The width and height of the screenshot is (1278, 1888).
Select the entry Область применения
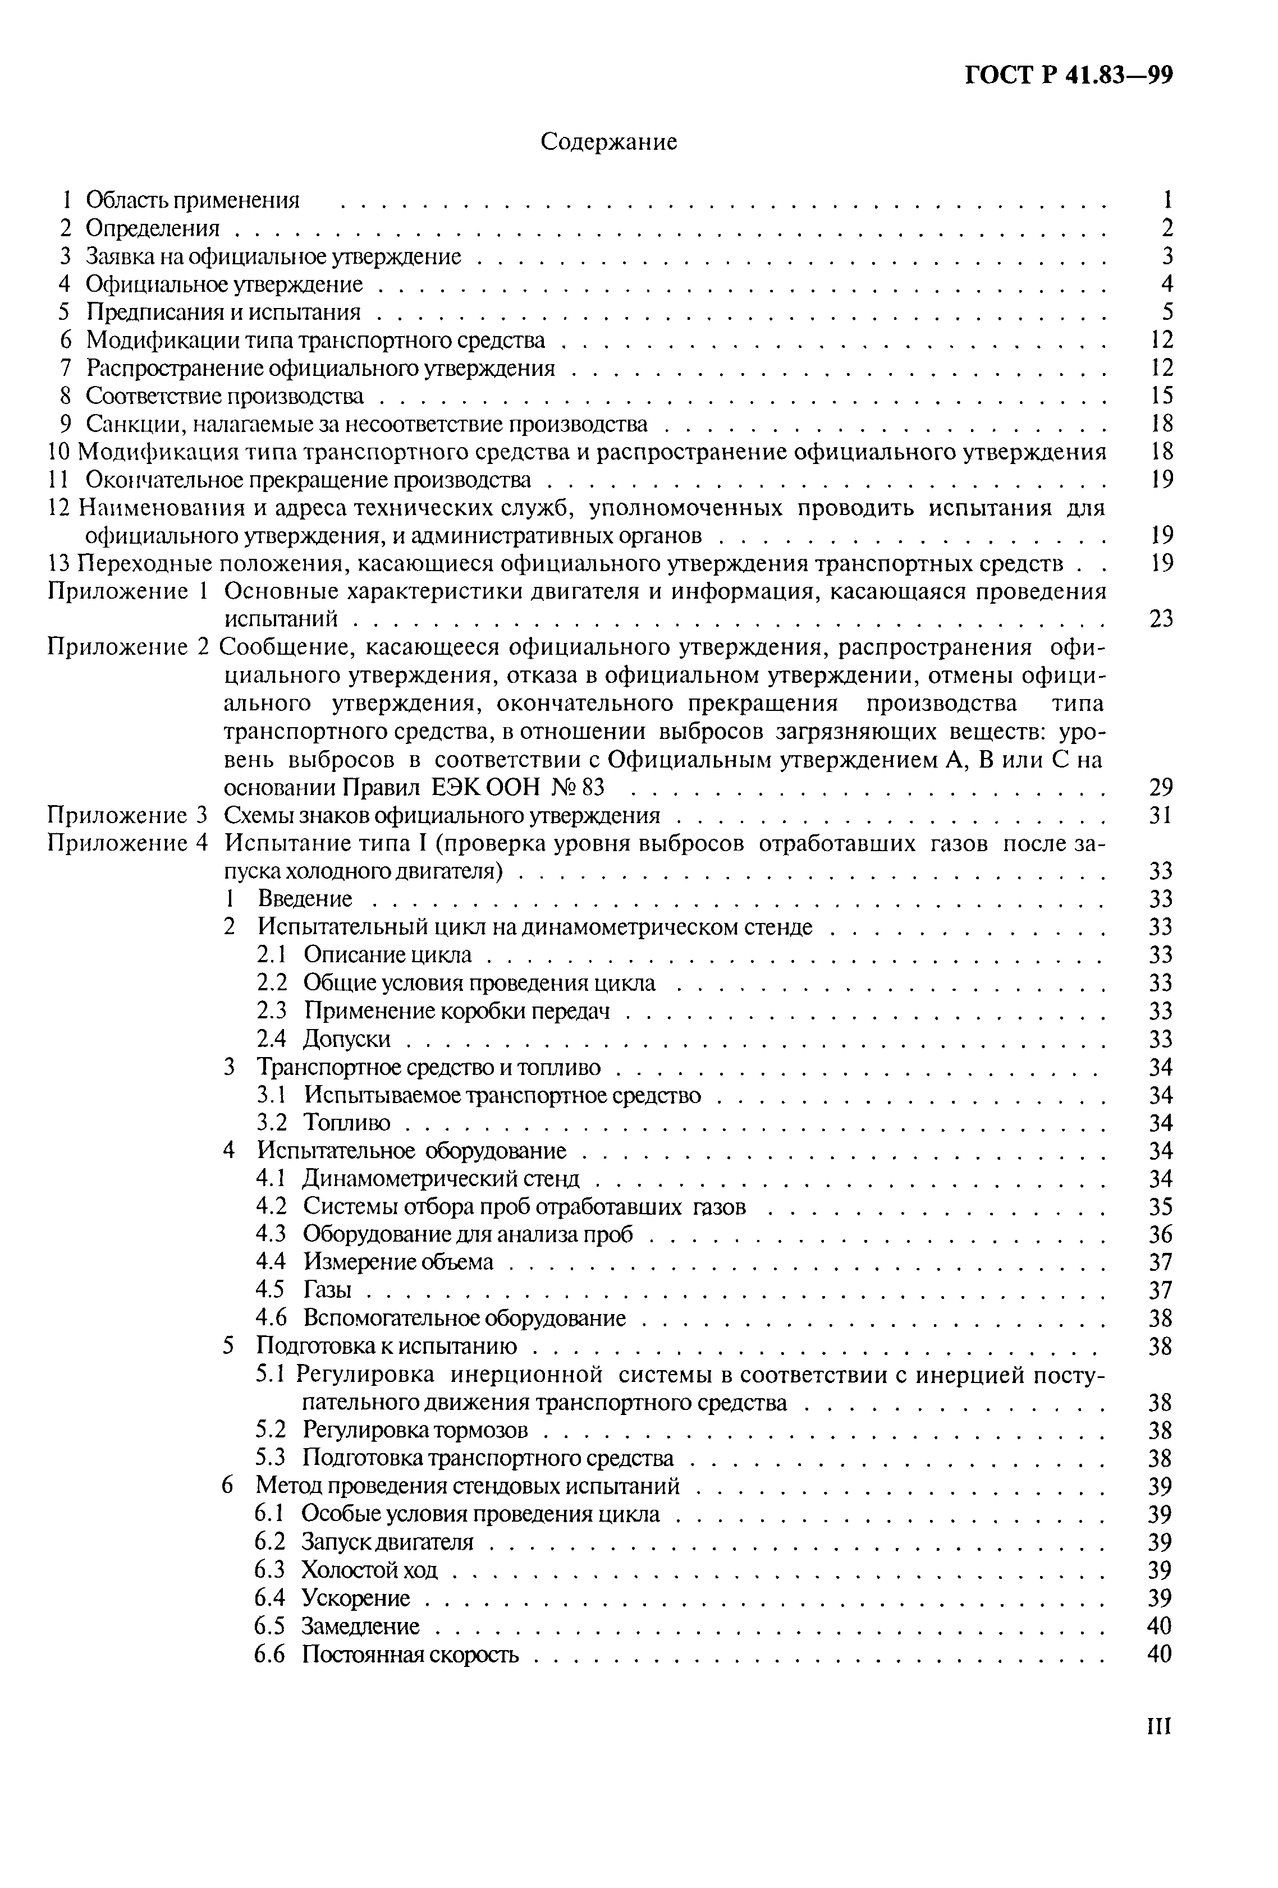[193, 200]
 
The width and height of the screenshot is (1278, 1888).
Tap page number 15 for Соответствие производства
[1162, 396]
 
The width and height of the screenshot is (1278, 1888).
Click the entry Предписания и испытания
[223, 312]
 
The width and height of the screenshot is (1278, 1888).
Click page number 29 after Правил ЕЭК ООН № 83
[1161, 787]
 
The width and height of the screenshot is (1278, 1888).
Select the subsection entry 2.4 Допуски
[323, 1039]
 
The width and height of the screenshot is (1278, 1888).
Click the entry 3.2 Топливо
[323, 1123]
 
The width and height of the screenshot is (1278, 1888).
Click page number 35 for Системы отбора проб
[1161, 1206]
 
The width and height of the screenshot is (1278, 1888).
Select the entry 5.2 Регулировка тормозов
[392, 1430]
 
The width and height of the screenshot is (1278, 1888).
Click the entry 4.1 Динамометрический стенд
[418, 1178]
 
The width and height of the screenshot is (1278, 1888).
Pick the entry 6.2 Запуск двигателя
[363, 1542]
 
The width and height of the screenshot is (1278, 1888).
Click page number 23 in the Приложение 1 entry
[1161, 619]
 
